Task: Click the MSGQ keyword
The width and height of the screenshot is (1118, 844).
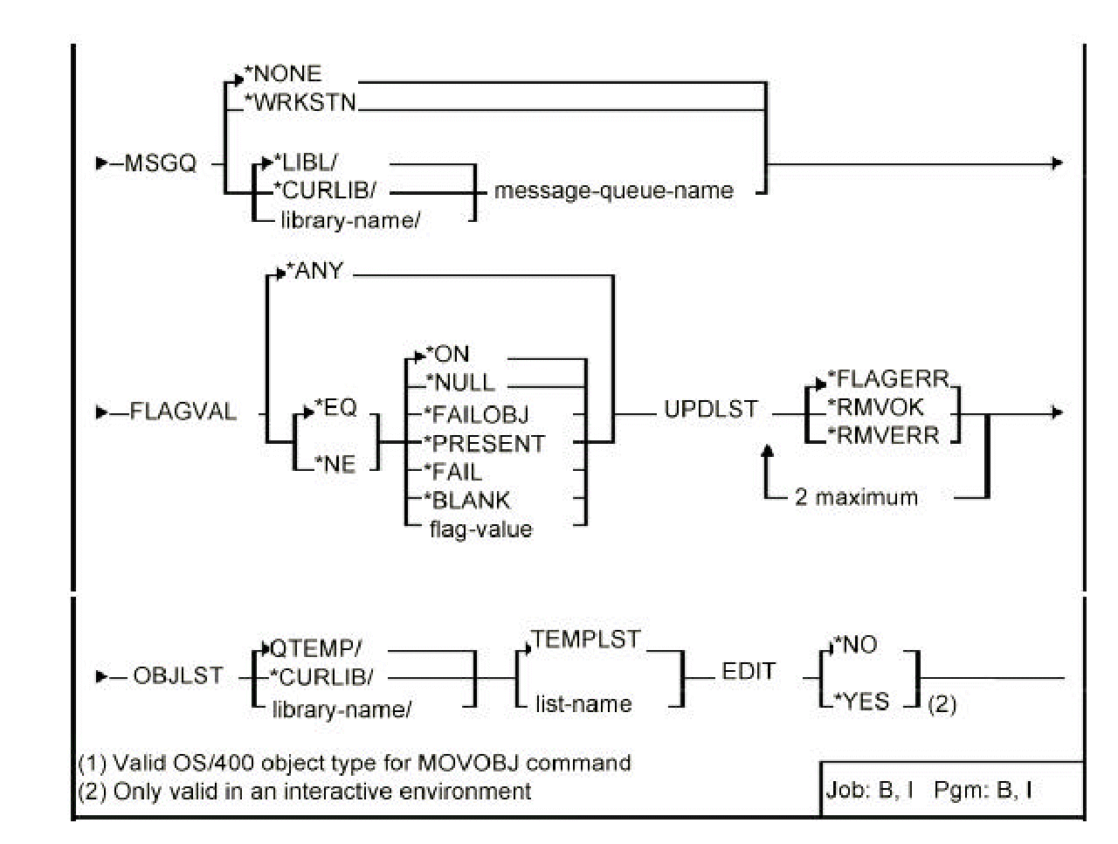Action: (160, 163)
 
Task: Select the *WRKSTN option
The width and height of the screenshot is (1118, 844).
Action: (301, 102)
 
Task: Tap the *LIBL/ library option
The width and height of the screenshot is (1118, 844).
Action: (306, 163)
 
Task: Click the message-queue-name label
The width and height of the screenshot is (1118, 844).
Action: (614, 190)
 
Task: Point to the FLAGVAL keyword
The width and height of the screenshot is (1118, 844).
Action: (183, 412)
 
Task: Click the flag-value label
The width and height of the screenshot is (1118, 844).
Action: (480, 529)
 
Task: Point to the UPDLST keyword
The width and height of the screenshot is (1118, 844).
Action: (711, 410)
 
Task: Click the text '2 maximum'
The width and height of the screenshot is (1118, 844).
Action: (856, 498)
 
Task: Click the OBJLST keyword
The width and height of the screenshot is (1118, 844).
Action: (178, 676)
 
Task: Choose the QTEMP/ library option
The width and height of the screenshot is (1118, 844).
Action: (316, 648)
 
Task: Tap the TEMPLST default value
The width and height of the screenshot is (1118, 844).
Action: (586, 640)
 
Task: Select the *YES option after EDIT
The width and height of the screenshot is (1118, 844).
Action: (862, 702)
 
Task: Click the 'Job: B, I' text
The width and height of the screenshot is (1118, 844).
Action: (870, 791)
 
